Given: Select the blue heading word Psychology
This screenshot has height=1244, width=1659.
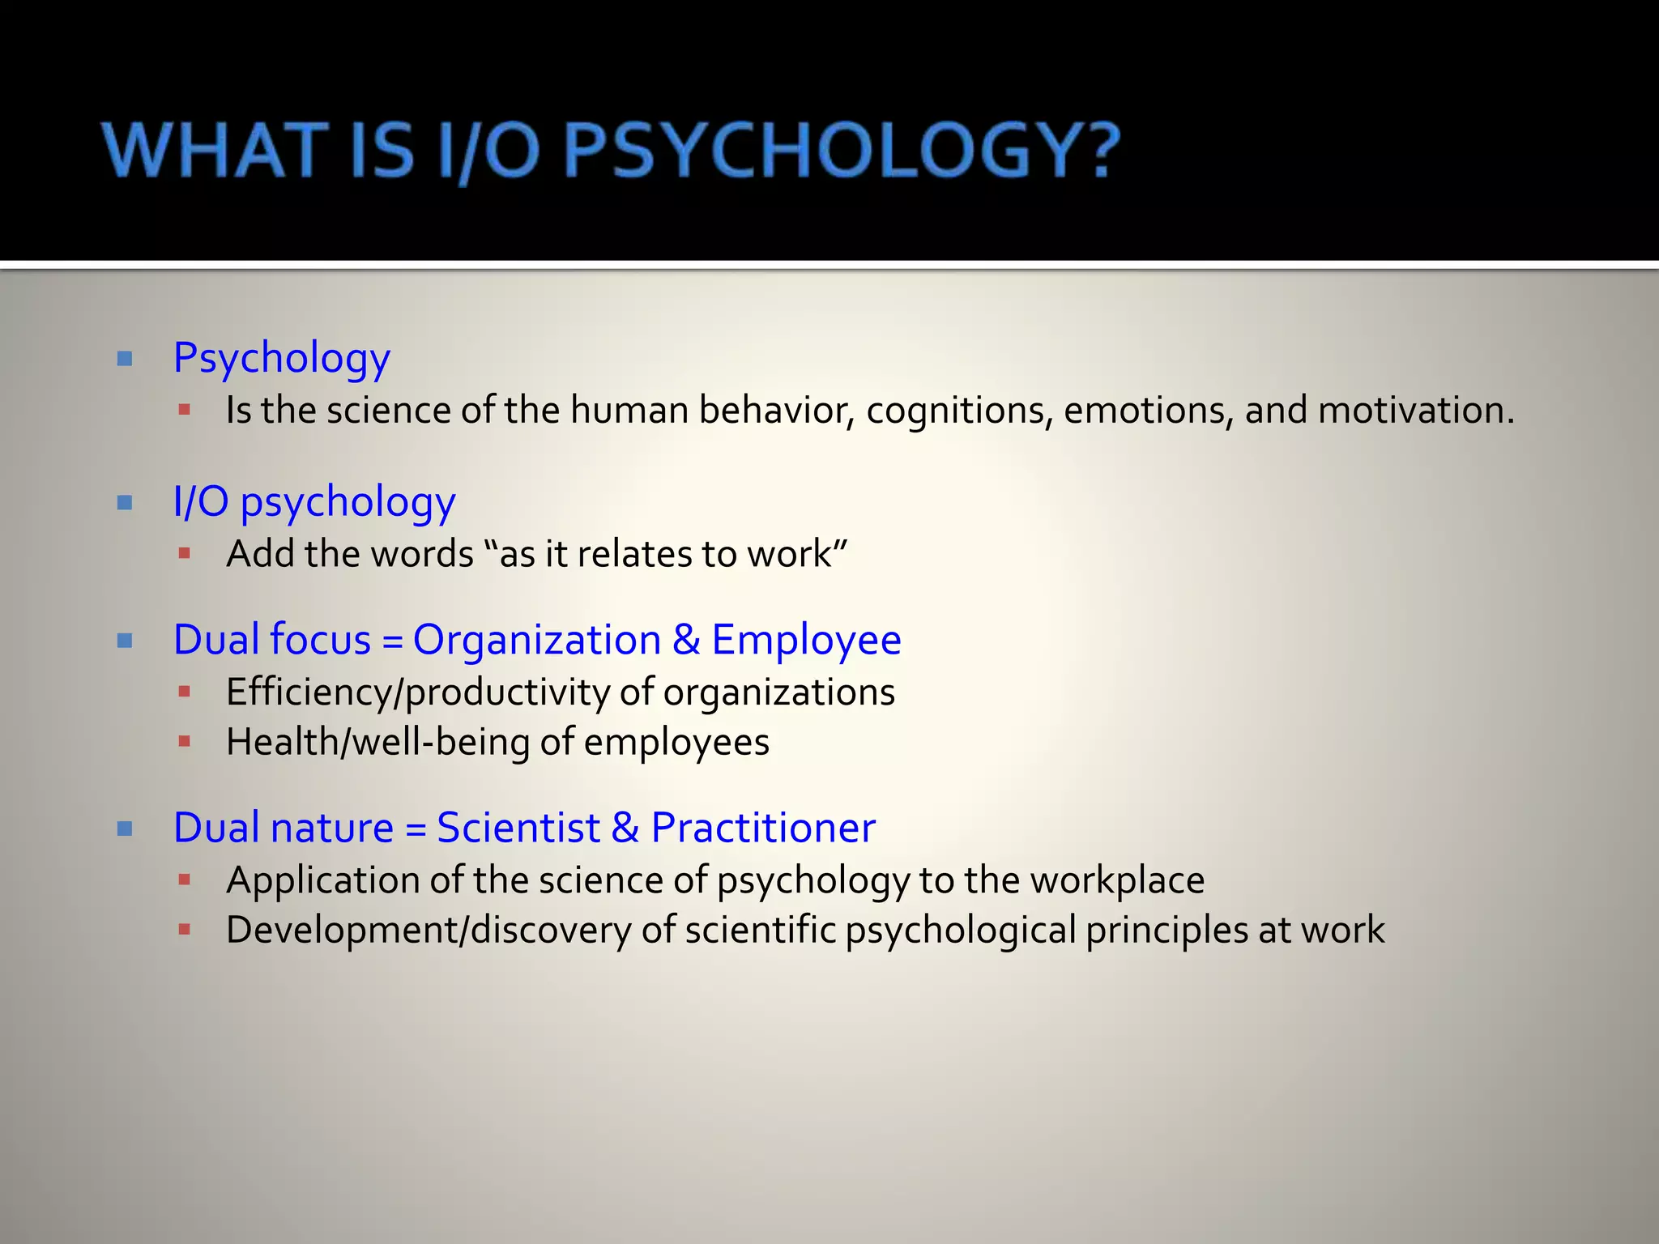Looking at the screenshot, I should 282,359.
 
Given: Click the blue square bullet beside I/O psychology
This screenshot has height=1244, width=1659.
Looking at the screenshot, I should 125,503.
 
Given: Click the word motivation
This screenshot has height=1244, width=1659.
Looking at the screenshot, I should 1416,411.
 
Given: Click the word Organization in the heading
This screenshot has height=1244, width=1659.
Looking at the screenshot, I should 537,640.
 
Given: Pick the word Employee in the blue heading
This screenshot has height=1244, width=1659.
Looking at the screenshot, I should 806,640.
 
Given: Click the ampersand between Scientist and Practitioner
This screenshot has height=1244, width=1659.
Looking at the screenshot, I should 625,828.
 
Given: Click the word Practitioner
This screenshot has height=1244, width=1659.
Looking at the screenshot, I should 763,828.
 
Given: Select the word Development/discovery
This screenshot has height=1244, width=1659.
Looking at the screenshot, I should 429,931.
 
